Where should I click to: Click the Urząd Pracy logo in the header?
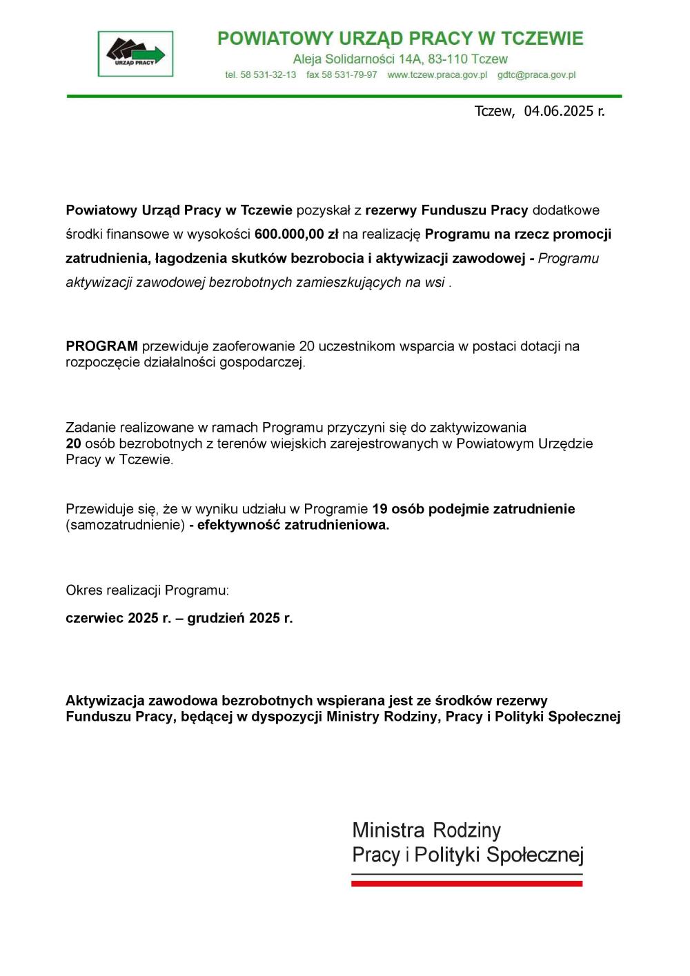135,54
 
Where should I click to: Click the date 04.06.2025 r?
564,111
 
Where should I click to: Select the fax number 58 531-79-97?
349,74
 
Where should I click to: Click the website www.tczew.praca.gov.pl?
437,74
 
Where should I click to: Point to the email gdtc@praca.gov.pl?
536,74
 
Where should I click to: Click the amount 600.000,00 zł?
296,235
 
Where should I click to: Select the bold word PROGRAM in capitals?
101,346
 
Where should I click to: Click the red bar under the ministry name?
466,884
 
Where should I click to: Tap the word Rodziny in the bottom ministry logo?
466,830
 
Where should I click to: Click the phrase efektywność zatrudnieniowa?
293,526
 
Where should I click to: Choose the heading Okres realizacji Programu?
147,590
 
